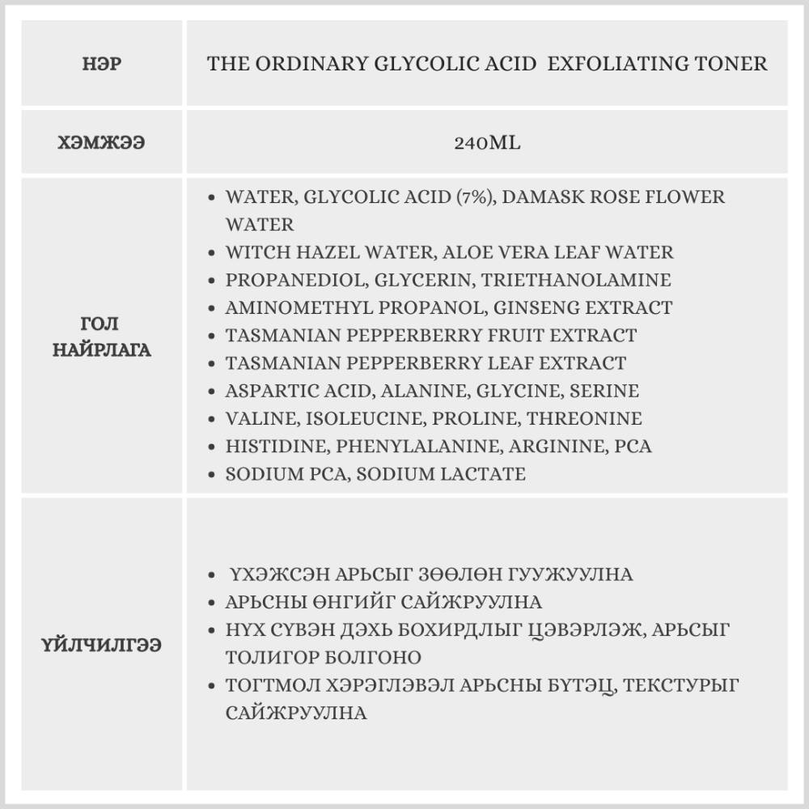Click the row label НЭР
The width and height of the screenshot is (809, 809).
(102, 64)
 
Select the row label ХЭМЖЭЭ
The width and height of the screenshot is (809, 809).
(102, 143)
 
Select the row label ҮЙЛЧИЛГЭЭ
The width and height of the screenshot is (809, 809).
(102, 645)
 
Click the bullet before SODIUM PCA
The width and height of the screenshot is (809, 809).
(212, 474)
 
